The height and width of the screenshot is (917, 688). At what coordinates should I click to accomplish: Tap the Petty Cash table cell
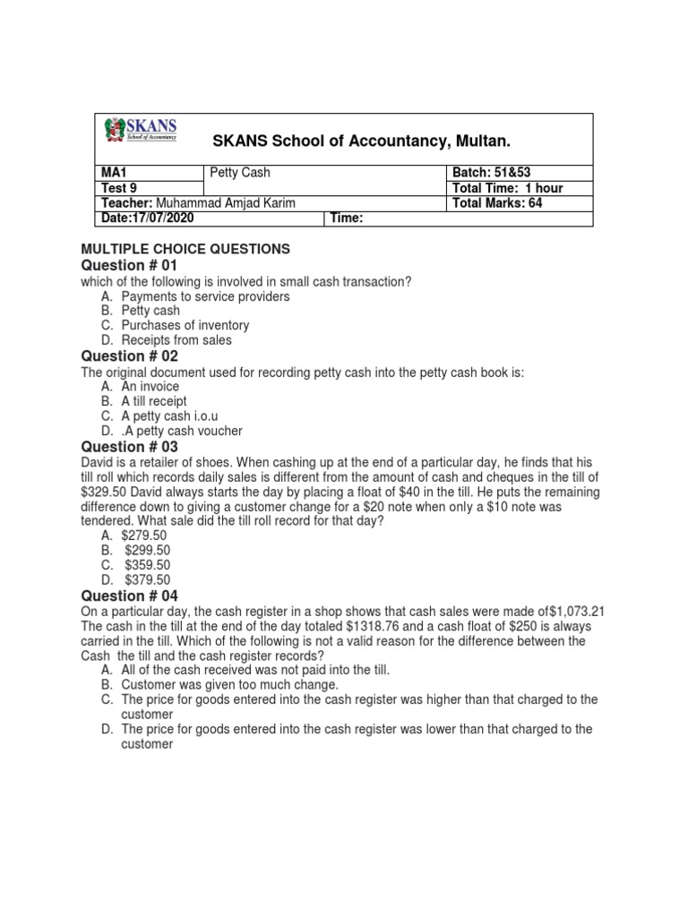(x=239, y=173)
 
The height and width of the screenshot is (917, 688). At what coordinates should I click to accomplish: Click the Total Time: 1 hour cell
(x=507, y=188)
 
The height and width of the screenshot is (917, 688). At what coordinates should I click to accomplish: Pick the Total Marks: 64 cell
(x=497, y=203)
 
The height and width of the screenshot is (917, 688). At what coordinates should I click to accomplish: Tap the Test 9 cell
(x=117, y=188)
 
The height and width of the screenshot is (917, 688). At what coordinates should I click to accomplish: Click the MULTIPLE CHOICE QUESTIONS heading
(x=185, y=249)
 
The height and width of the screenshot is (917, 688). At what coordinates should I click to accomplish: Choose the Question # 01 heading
(x=130, y=266)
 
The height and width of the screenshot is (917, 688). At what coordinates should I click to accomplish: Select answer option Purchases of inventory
(x=185, y=325)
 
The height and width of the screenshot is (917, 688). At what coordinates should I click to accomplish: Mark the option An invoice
(x=153, y=386)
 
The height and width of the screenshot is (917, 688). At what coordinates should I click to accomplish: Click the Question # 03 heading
(x=130, y=447)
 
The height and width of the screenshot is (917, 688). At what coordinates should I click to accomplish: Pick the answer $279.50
(x=145, y=535)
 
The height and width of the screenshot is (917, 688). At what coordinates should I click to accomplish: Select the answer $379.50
(x=147, y=579)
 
